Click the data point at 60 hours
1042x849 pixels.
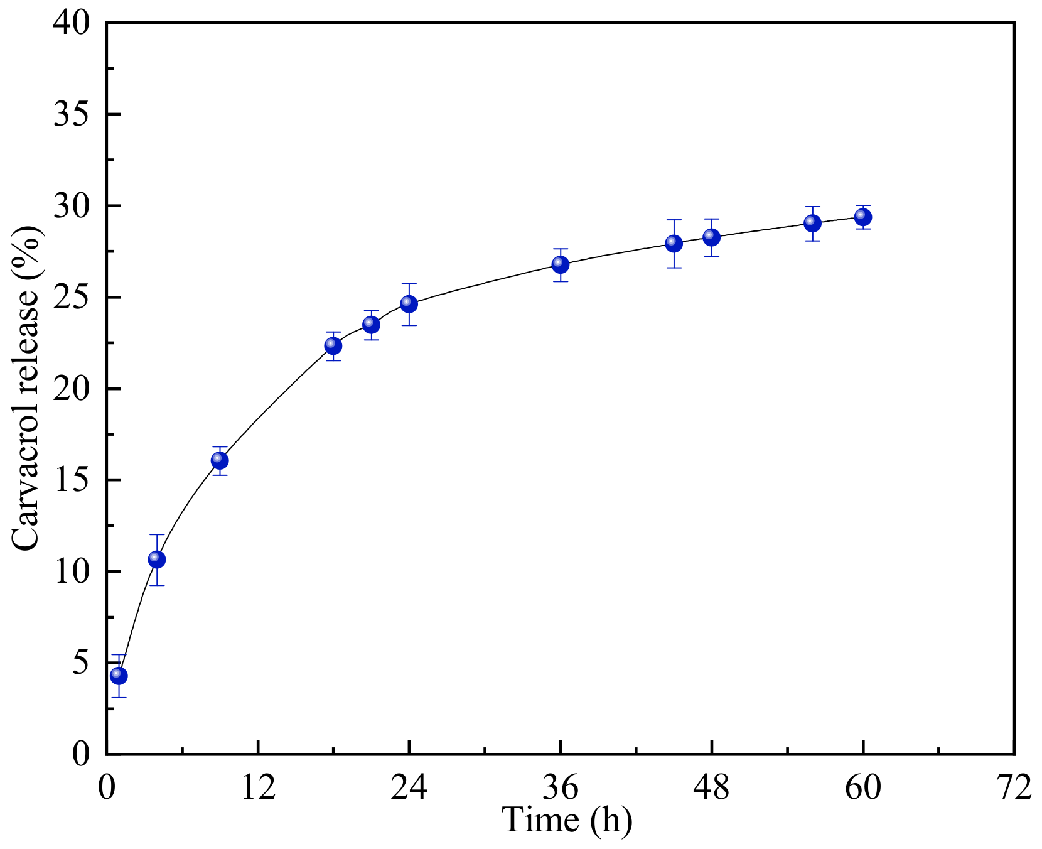[x=863, y=217]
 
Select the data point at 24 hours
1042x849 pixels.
[x=409, y=304]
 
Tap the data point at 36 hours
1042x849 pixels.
[x=561, y=264]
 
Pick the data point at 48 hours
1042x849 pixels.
[x=712, y=237]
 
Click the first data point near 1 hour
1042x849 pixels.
[x=119, y=676]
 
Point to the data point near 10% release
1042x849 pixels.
[x=157, y=559]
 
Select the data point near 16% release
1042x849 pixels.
[x=220, y=460]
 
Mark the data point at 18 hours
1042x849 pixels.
[x=333, y=345]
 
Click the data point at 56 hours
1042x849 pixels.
[x=813, y=223]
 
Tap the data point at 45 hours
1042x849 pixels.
[x=674, y=244]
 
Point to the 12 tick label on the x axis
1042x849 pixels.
[x=258, y=787]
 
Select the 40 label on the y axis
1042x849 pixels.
[x=71, y=23]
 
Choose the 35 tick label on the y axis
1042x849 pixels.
[x=71, y=115]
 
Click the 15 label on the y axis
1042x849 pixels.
[x=71, y=480]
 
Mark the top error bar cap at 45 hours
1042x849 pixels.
[x=674, y=220]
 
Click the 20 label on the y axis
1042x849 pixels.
[x=71, y=389]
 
